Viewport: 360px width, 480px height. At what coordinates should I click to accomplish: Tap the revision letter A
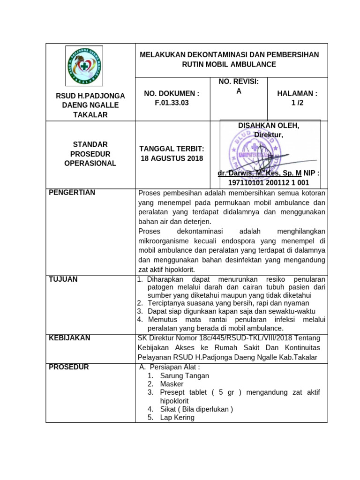[239, 91]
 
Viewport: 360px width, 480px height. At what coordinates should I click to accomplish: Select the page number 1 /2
[297, 103]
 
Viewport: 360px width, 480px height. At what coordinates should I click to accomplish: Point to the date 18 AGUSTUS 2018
[172, 158]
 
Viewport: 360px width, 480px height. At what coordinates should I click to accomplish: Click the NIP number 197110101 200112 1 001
[269, 182]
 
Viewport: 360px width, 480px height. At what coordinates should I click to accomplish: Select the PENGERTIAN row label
[72, 192]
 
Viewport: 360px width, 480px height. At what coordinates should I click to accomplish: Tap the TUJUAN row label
[63, 279]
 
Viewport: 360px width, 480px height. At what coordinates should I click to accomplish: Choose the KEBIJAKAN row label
[69, 338]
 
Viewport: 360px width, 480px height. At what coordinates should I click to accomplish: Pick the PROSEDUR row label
[69, 367]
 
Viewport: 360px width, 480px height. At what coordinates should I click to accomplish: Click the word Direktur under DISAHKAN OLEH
[269, 135]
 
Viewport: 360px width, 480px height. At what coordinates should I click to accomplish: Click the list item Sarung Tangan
[185, 375]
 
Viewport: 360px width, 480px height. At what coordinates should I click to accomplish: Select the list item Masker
[172, 384]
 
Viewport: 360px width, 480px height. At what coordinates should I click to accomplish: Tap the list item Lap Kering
[177, 417]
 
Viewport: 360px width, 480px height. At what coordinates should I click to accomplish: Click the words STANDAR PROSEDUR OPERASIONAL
[90, 154]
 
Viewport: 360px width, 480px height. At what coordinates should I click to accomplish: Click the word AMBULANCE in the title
[252, 64]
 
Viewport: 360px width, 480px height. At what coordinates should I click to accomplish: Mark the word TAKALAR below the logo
[90, 115]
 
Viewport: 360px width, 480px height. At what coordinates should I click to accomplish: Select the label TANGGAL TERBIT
[172, 149]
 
